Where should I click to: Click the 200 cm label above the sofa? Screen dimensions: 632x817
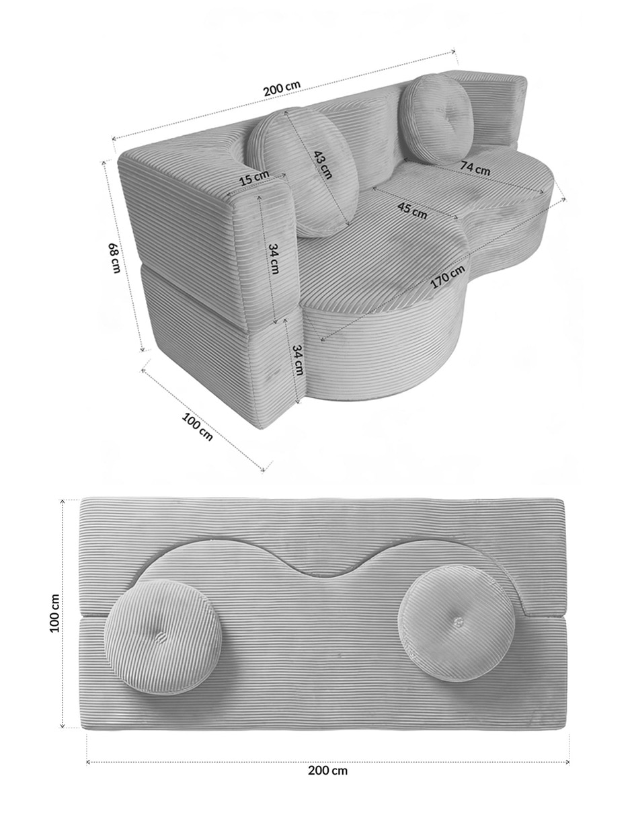point(282,88)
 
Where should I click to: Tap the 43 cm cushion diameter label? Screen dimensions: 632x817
point(323,164)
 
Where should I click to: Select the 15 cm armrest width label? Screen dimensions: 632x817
point(254,178)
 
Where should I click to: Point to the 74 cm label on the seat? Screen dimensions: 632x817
point(475,168)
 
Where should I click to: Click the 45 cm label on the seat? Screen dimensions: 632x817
point(412,210)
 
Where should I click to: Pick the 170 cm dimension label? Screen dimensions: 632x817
point(448,277)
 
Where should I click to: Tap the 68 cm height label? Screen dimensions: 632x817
point(114,258)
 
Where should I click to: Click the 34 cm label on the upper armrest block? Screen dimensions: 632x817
point(274,258)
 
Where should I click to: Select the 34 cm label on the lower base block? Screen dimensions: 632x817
point(298,360)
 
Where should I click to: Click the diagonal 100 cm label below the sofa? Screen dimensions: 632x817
point(197,426)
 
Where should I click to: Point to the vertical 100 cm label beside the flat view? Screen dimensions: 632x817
point(55,613)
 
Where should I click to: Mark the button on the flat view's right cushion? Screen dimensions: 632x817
point(458,621)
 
